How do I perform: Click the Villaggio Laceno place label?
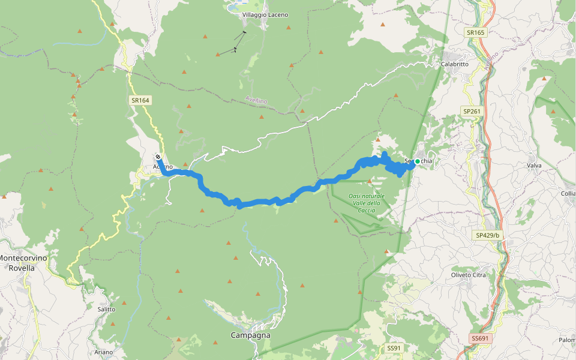pyautogui.click(x=265, y=14)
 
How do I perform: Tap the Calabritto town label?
pyautogui.click(x=454, y=64)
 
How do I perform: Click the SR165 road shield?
pyautogui.click(x=475, y=32)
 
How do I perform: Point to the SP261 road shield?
pyautogui.click(x=472, y=111)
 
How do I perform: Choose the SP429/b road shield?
pyautogui.click(x=487, y=235)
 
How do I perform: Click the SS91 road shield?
pyautogui.click(x=394, y=348)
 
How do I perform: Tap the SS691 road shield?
pyautogui.click(x=481, y=339)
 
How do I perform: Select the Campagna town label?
pyautogui.click(x=250, y=335)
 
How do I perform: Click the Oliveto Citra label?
pyautogui.click(x=468, y=275)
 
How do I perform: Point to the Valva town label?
pyautogui.click(x=534, y=165)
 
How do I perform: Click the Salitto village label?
pyautogui.click(x=106, y=308)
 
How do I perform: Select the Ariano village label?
pyautogui.click(x=103, y=352)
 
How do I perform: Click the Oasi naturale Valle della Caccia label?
pyautogui.click(x=366, y=203)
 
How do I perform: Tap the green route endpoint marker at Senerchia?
pyautogui.click(x=417, y=161)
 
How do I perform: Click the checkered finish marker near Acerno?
pyautogui.click(x=158, y=157)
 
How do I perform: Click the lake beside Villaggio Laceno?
pyautogui.click(x=232, y=8)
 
